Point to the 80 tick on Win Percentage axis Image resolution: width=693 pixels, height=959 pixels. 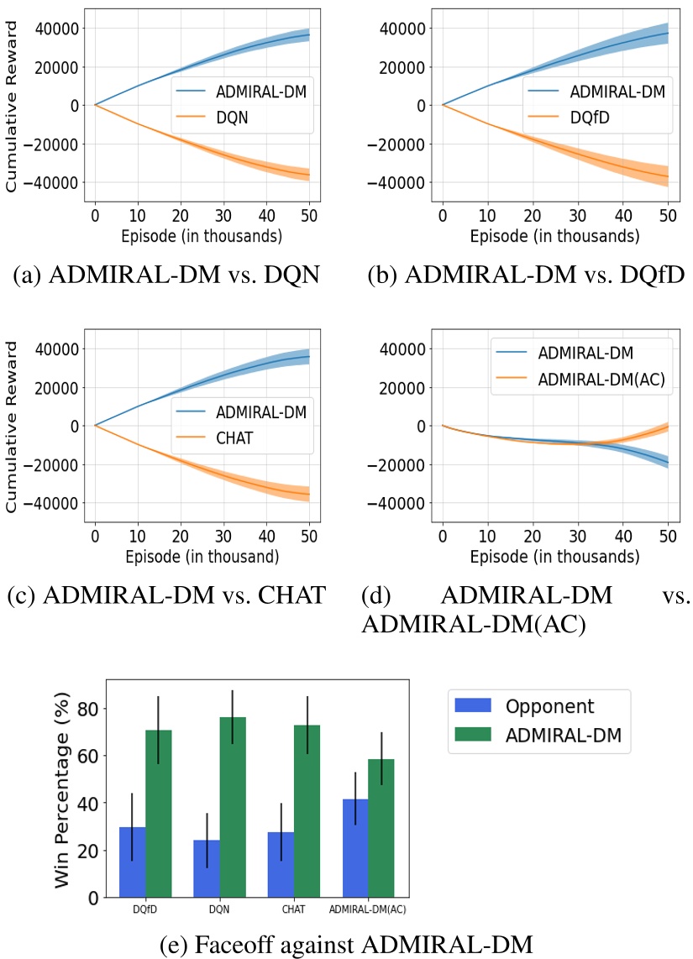(x=88, y=709)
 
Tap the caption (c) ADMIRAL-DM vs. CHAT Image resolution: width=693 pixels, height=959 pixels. (x=165, y=597)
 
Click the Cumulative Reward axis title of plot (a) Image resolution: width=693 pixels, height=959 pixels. (x=13, y=105)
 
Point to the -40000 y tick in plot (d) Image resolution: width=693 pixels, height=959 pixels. (x=397, y=503)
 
